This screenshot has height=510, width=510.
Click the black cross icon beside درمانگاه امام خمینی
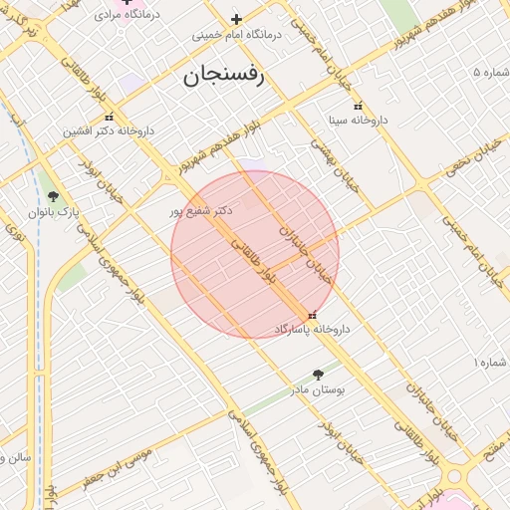click(x=236, y=19)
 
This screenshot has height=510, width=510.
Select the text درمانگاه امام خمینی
click(x=237, y=34)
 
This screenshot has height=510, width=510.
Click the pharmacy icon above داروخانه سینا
click(x=358, y=106)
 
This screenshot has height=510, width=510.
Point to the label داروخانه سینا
click(x=359, y=120)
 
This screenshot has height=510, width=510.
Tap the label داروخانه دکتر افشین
click(x=109, y=130)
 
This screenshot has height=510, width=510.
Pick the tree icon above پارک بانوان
click(x=53, y=196)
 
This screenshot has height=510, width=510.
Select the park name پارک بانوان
click(x=55, y=212)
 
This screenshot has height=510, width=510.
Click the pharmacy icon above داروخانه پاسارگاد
click(x=313, y=316)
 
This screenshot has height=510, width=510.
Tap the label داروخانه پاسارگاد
click(x=312, y=329)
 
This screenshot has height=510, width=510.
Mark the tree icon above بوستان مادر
click(x=318, y=375)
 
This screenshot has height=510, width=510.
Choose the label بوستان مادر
click(x=318, y=389)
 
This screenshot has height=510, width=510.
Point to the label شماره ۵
click(x=490, y=73)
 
